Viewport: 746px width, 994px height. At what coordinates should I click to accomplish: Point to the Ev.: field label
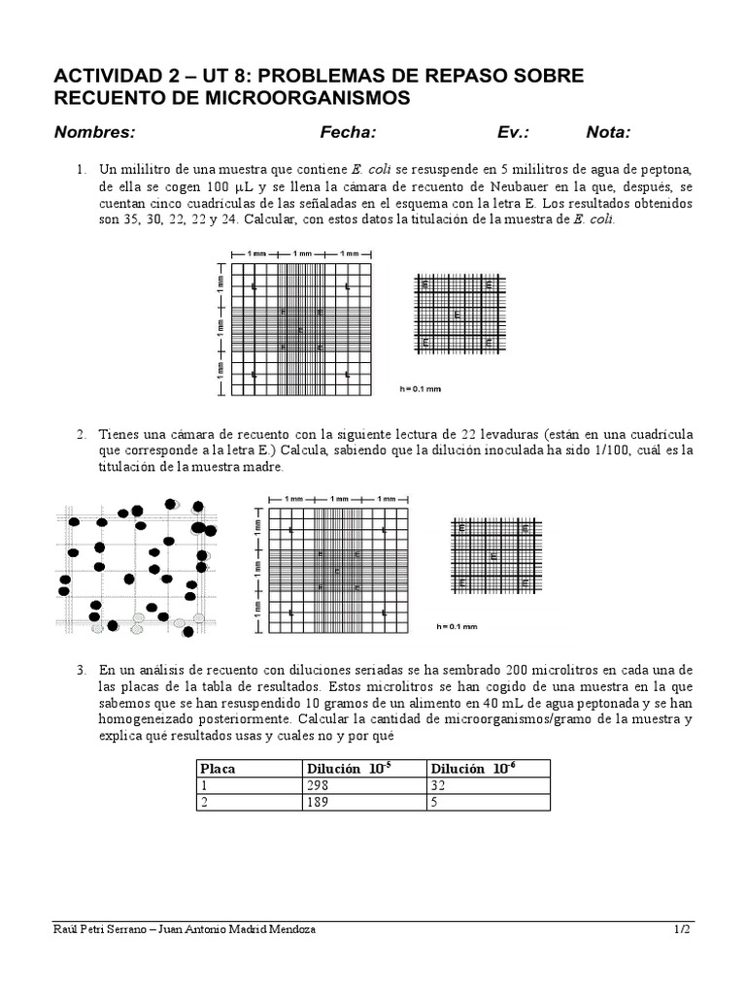[x=514, y=133]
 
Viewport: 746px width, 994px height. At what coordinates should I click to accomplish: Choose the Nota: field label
[x=608, y=133]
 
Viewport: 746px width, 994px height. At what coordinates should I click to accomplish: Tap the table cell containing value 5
[x=435, y=803]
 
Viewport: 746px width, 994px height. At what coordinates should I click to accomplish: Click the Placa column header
[x=219, y=769]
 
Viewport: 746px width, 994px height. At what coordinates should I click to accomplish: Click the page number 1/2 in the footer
[x=682, y=929]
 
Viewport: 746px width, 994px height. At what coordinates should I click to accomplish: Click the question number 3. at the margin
[x=82, y=671]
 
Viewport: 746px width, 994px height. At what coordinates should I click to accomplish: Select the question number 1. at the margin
[x=82, y=170]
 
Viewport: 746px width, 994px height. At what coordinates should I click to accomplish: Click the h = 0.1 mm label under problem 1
[x=421, y=388]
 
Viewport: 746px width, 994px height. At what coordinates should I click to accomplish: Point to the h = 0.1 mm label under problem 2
[x=457, y=626]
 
